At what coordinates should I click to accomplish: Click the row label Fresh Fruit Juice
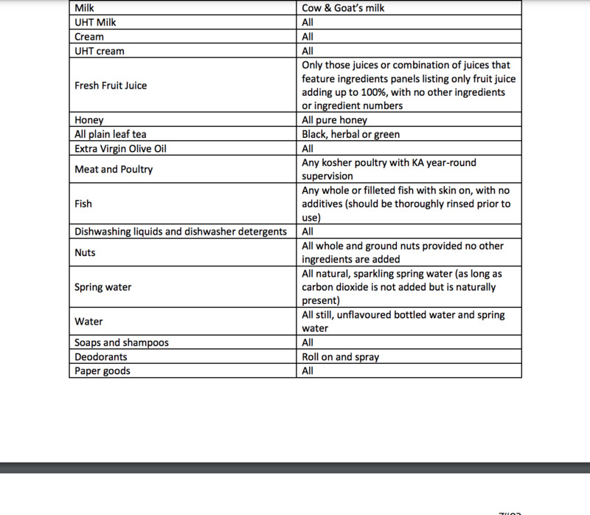(x=111, y=86)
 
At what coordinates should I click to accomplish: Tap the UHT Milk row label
(x=96, y=22)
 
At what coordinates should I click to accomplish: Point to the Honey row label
(x=89, y=120)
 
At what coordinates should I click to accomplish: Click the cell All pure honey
(x=334, y=120)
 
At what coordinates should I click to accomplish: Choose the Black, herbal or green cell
(x=351, y=134)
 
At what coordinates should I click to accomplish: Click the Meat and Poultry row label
(x=114, y=170)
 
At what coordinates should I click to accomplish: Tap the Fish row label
(x=84, y=204)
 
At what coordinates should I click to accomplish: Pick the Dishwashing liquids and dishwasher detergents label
(x=181, y=232)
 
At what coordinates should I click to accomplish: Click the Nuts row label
(x=86, y=252)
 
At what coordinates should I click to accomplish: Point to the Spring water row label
(x=103, y=287)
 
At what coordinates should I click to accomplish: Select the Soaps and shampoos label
(x=122, y=343)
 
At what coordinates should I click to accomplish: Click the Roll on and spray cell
(x=341, y=357)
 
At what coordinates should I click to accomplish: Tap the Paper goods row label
(x=103, y=371)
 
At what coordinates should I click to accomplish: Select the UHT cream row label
(x=100, y=51)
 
